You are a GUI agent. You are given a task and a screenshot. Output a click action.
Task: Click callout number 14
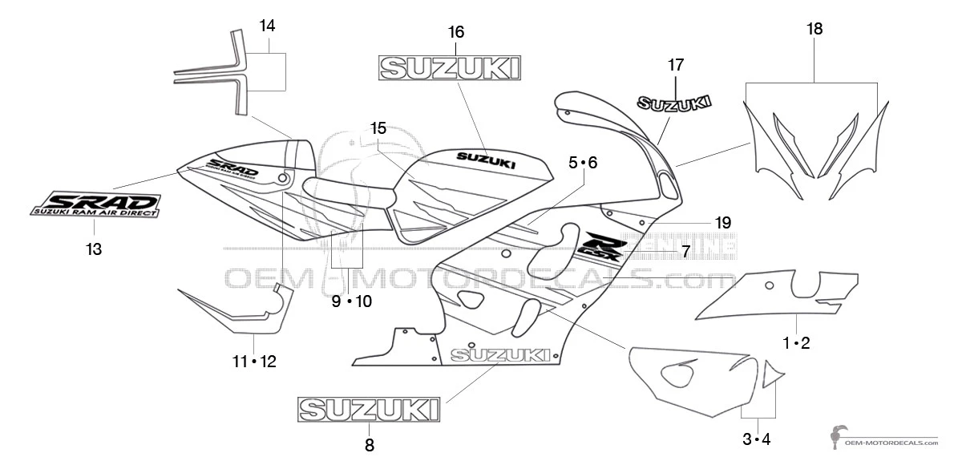(x=267, y=26)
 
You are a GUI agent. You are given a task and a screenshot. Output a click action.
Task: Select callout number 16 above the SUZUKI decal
(x=455, y=32)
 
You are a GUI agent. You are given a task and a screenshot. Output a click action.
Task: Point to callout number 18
(x=814, y=30)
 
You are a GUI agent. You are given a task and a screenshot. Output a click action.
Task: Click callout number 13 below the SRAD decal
(x=94, y=249)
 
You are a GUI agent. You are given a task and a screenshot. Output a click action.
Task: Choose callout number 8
(x=369, y=446)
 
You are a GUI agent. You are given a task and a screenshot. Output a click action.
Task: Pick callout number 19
(x=723, y=223)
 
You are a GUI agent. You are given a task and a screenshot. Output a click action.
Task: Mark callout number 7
(x=685, y=251)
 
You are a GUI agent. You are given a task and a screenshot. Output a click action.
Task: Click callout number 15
(x=378, y=127)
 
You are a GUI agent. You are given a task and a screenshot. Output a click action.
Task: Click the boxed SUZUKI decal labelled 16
(x=450, y=68)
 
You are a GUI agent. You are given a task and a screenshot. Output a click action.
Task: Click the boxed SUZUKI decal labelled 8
(x=370, y=409)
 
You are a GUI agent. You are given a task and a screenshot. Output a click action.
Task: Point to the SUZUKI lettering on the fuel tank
(x=486, y=160)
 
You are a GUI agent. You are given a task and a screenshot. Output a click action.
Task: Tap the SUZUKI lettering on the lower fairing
(x=500, y=354)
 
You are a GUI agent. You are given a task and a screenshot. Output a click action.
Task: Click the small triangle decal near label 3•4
(x=771, y=373)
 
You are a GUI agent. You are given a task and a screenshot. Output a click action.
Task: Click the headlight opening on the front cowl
(x=666, y=181)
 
